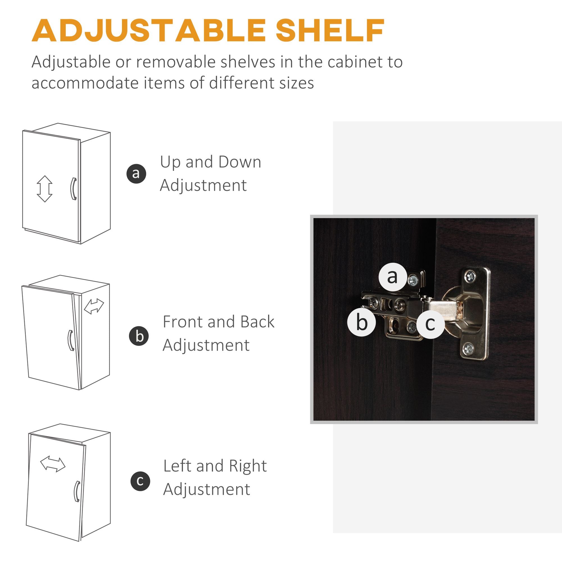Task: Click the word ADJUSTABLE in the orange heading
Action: [x=149, y=30]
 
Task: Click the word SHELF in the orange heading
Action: [x=330, y=30]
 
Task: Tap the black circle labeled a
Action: [x=136, y=173]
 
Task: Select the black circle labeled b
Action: [x=139, y=336]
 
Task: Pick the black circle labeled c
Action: [x=140, y=481]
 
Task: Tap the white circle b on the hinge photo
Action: [x=361, y=322]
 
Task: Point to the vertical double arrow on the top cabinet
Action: [x=44, y=189]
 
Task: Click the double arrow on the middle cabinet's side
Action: [x=94, y=306]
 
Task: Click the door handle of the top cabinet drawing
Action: [x=73, y=189]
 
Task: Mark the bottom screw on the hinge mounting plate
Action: [x=468, y=348]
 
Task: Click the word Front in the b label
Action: [x=182, y=322]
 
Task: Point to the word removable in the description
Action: [x=176, y=62]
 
